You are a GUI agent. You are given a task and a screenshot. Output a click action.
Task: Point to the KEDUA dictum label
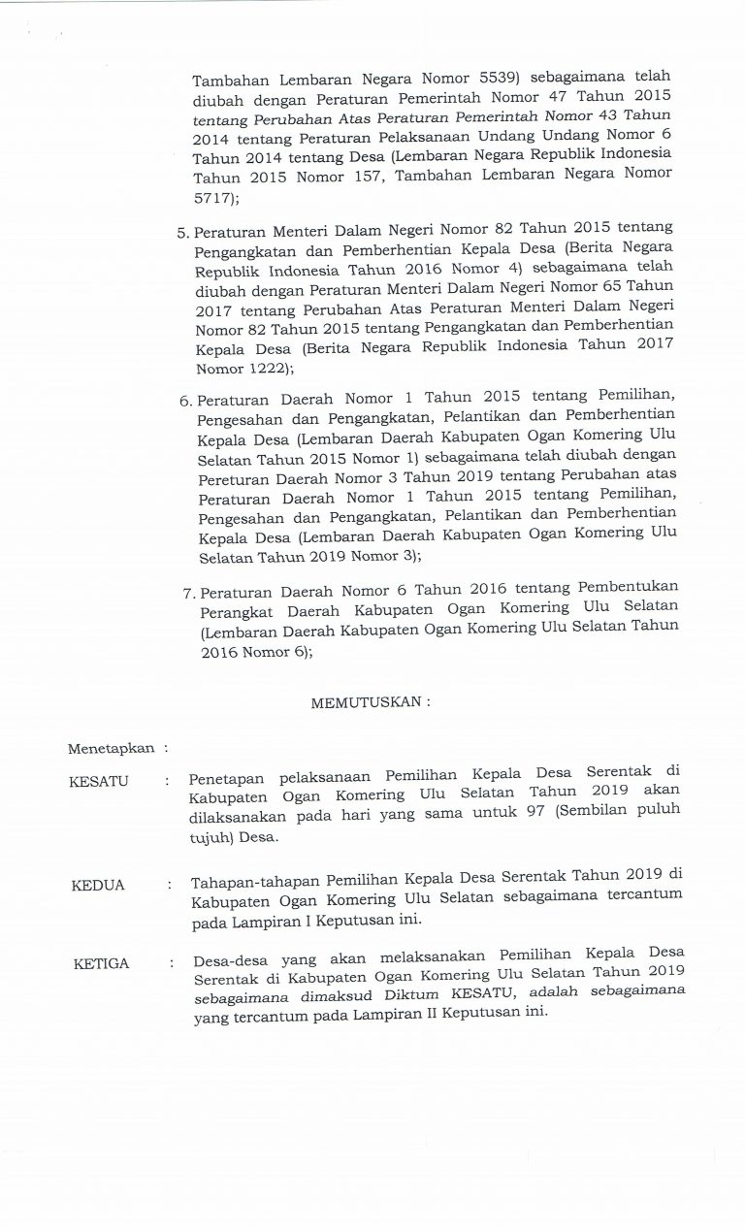tap(98, 886)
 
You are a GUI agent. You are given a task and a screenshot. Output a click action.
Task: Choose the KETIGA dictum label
tap(101, 963)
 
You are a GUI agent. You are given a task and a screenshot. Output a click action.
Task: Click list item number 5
tap(183, 234)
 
